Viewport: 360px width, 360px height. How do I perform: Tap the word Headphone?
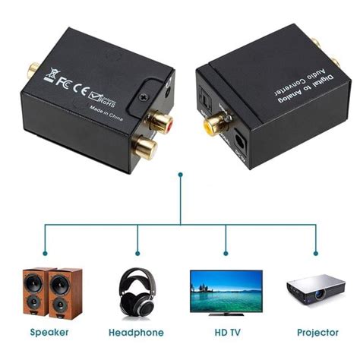tap(137, 333)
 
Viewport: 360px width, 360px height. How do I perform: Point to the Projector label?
tap(317, 332)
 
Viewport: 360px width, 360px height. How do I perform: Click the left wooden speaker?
tap(36, 293)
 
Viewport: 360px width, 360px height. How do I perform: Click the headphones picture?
tap(137, 293)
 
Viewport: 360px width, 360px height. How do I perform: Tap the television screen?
tap(226, 289)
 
